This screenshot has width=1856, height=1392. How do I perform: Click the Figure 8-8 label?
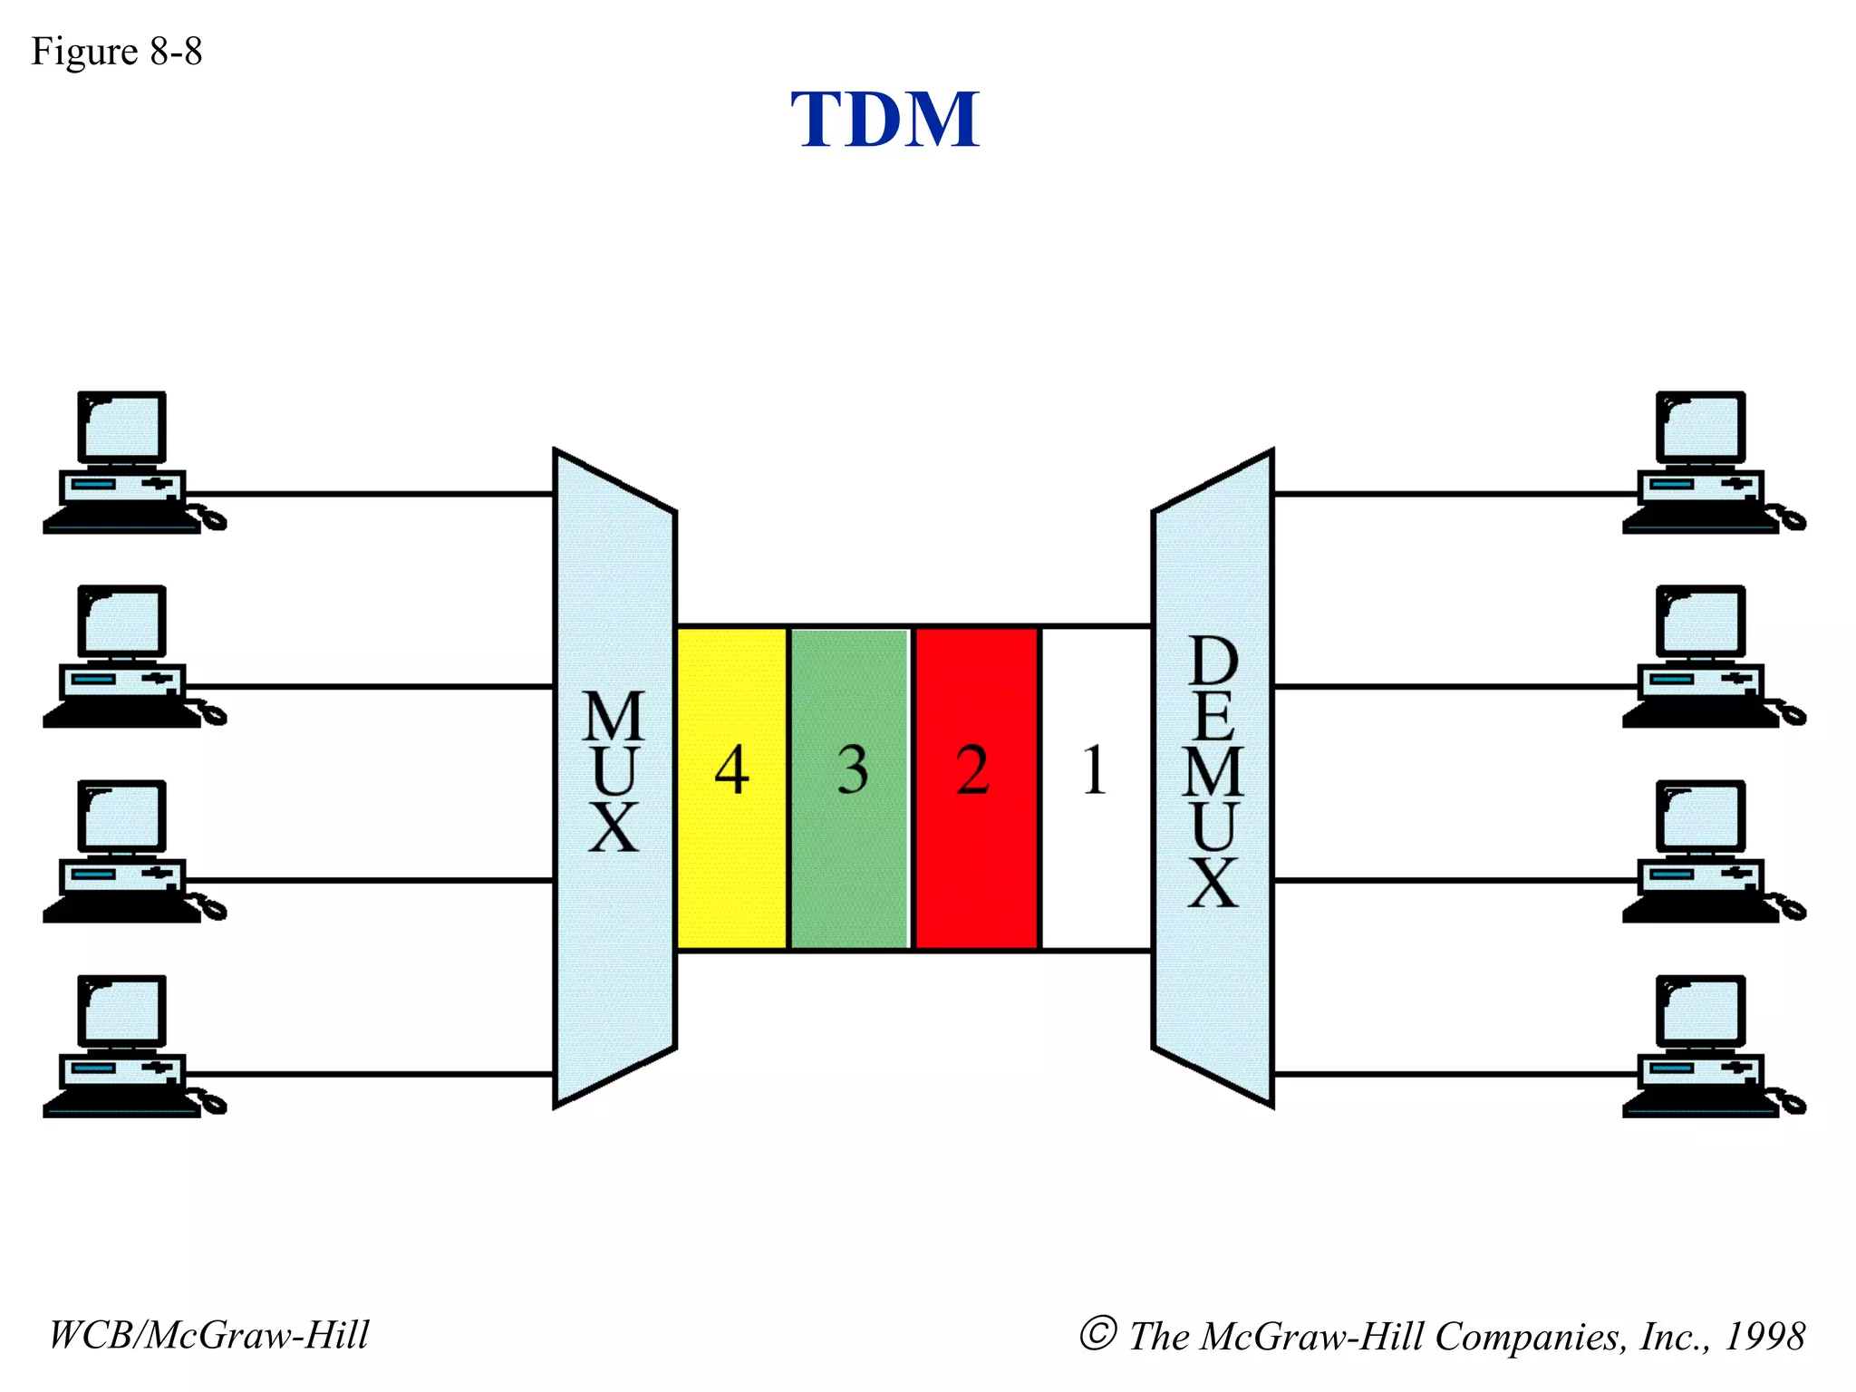(116, 52)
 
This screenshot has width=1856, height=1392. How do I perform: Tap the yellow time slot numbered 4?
(732, 787)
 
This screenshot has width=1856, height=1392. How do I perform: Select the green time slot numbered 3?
(851, 787)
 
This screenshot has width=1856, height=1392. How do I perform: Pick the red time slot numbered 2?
(976, 787)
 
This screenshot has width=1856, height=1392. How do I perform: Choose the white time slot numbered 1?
(1096, 787)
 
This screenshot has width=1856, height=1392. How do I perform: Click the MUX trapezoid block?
(614, 778)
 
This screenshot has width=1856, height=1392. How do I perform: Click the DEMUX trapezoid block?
(1213, 778)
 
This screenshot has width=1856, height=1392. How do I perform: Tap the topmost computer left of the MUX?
(122, 462)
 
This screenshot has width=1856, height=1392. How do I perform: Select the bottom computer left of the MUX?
(122, 1046)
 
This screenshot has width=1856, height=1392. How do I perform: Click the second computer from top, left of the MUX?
(122, 656)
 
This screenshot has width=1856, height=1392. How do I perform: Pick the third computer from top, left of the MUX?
(122, 851)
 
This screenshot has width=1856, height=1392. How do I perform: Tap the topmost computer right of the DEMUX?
(1701, 462)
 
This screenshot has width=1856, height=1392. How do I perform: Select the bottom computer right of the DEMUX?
(1701, 1046)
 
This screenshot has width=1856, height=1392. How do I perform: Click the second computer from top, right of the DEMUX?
(1701, 656)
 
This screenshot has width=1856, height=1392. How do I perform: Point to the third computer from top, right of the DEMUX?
(1701, 851)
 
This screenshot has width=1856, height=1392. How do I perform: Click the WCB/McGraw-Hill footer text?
(208, 1335)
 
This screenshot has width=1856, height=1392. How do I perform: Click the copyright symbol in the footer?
(1097, 1333)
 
